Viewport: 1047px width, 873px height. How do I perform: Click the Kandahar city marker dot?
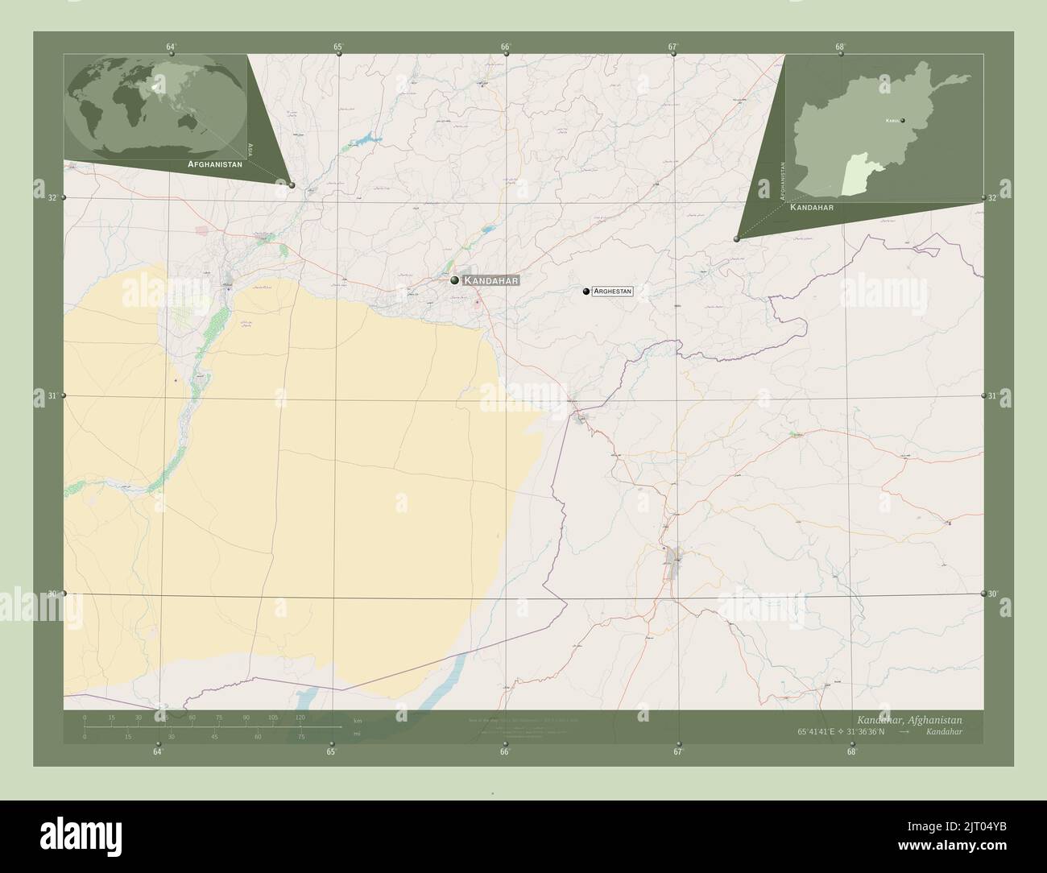click(455, 280)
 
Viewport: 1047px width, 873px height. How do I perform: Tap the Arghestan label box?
click(612, 292)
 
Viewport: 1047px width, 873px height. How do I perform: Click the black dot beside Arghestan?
click(586, 292)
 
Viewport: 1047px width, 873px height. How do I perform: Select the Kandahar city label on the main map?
click(492, 280)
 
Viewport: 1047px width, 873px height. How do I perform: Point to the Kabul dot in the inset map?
click(903, 121)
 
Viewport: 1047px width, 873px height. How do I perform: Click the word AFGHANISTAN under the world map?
click(214, 163)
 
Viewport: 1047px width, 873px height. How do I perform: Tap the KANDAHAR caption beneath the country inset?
click(812, 207)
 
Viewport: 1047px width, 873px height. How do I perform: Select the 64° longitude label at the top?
click(171, 47)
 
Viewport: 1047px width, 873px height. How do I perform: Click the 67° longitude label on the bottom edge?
click(678, 752)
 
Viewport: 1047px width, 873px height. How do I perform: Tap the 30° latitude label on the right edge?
click(994, 594)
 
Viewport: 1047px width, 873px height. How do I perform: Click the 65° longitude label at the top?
click(338, 47)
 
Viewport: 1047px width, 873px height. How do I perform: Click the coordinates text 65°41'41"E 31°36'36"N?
click(841, 731)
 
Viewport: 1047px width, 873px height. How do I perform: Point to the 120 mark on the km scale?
click(300, 717)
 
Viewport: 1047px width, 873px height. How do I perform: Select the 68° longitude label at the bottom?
click(851, 752)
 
